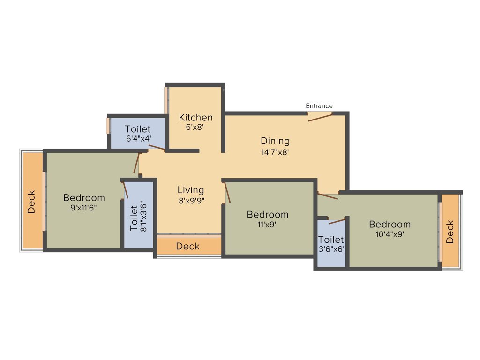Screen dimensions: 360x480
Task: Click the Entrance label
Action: coord(319,106)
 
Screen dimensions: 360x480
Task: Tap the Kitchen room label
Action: coord(196,117)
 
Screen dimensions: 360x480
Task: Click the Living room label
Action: coord(191,190)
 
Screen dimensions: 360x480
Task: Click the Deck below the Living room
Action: coord(188,246)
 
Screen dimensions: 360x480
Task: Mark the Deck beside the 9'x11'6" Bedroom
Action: coord(31,202)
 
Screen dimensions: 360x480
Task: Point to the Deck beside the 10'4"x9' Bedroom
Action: coord(450,232)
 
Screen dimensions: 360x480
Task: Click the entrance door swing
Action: coord(321,116)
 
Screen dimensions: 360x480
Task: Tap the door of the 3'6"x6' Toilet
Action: coord(337,220)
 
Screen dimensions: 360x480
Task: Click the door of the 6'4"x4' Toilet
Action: coord(156,148)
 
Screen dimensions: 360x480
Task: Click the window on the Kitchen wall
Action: coord(166,99)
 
